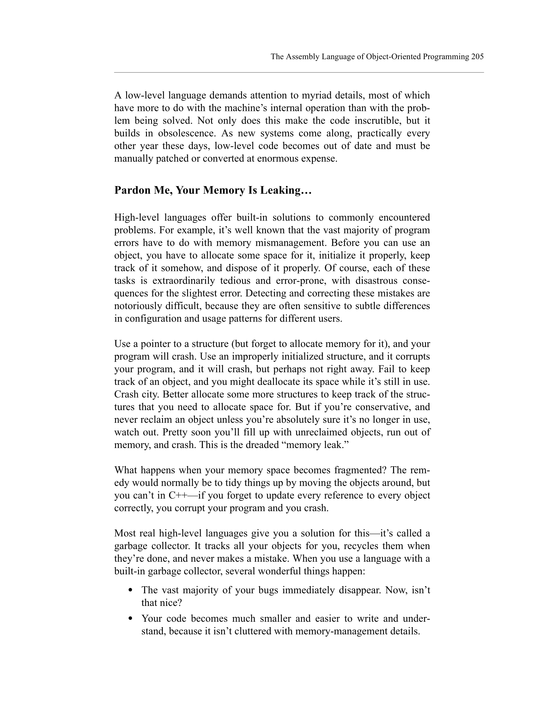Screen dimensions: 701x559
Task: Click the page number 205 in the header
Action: point(477,57)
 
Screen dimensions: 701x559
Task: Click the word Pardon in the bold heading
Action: point(132,190)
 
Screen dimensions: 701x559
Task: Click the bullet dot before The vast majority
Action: point(131,590)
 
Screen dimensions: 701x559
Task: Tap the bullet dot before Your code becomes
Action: point(131,619)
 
